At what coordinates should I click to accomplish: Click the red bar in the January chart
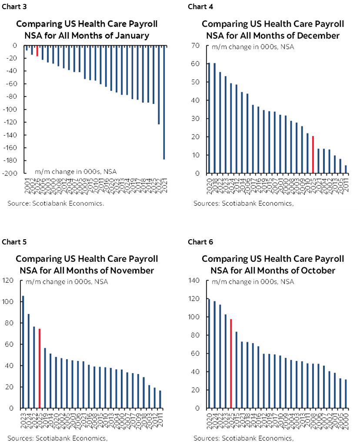click(37, 50)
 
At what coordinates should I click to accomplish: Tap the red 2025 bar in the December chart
click(313, 154)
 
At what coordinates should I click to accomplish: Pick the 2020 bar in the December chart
click(209, 118)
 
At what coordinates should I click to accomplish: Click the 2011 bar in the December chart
click(346, 169)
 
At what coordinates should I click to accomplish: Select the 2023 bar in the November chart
click(23, 352)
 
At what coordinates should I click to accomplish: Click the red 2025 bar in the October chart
click(231, 364)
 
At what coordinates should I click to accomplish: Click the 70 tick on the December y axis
click(195, 45)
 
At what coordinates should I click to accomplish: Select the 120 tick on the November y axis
click(8, 280)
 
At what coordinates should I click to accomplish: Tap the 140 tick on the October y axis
click(193, 281)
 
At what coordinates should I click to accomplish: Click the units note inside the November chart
click(67, 281)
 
